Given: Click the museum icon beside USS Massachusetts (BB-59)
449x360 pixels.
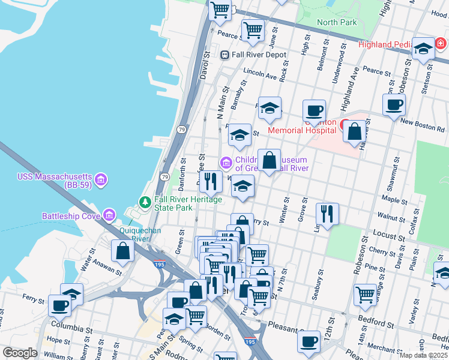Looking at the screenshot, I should click(101, 179).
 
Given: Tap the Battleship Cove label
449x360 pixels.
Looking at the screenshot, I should click(72, 215).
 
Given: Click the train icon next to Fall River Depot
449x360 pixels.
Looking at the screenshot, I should click(224, 55).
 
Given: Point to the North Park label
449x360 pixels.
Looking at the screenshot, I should click(337, 23).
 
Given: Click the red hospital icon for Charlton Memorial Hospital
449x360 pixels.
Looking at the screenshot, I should click(346, 125).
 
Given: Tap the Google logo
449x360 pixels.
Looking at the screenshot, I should click(20, 353).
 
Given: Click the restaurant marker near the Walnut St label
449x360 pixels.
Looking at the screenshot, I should click(327, 214).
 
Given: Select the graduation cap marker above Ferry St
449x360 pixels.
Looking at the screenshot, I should click(72, 293).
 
